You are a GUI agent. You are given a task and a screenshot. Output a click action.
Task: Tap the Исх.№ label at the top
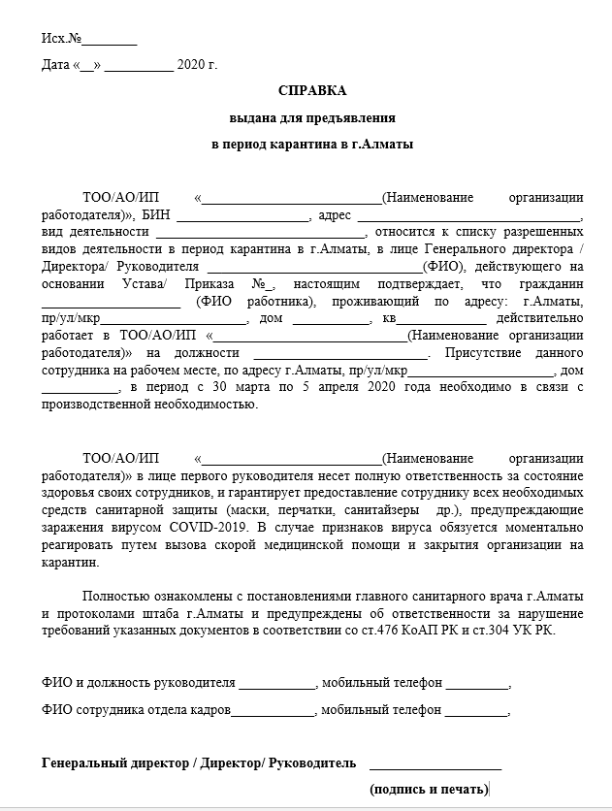point(60,40)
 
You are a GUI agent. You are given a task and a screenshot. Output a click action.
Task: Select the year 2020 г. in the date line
point(198,66)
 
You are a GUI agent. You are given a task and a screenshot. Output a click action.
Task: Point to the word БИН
point(156,214)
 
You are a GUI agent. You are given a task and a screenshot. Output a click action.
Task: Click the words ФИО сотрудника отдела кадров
point(137,710)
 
